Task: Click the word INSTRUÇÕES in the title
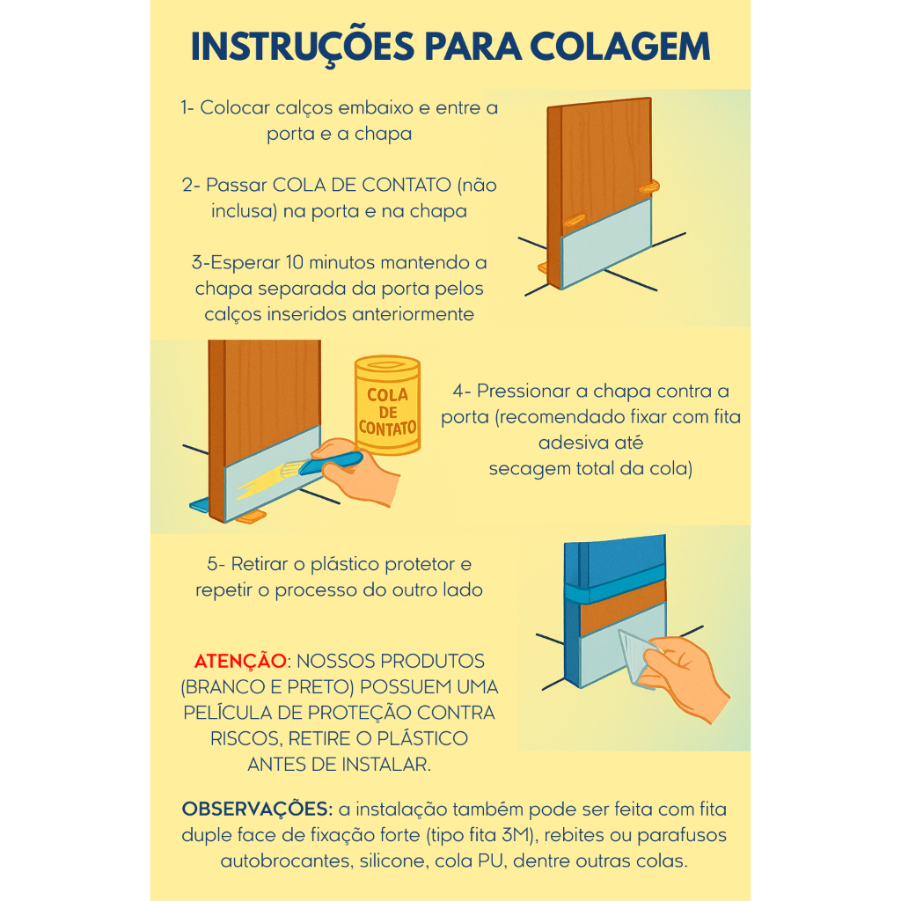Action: pos(303,48)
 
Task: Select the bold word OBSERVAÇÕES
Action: pos(257,809)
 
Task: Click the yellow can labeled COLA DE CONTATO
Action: pos(388,405)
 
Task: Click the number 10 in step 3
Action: pos(294,262)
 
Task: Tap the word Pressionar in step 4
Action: pos(524,391)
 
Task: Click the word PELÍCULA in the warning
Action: pos(228,713)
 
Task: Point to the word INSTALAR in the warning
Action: pos(386,765)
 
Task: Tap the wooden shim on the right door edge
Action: pos(650,187)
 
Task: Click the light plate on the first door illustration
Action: pos(606,243)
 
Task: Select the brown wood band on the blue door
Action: pos(623,607)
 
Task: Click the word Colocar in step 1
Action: pos(234,107)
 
